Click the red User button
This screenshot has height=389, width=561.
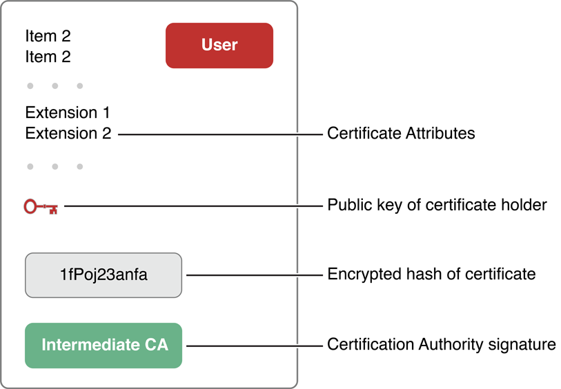tap(219, 46)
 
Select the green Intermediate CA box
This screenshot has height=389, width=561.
tap(104, 345)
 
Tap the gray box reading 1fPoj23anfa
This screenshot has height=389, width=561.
tap(104, 275)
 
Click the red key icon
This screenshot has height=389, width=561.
tap(41, 206)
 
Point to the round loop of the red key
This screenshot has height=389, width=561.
tap(30, 206)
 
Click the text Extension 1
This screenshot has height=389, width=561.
tap(68, 112)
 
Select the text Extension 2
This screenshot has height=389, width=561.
tap(68, 134)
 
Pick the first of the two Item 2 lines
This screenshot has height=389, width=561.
tap(48, 35)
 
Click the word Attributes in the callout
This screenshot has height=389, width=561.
tap(441, 134)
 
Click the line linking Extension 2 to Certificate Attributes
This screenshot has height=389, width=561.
tap(221, 134)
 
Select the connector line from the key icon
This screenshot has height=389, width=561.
tap(193, 206)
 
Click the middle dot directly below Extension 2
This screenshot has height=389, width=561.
tap(55, 167)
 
